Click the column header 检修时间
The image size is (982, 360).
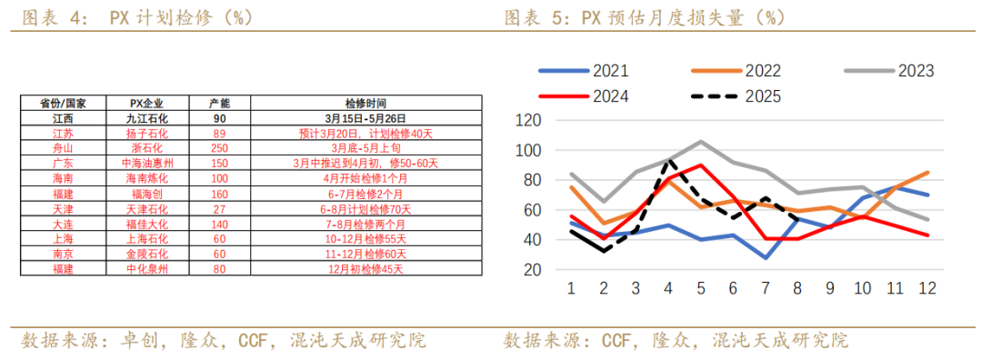(366, 103)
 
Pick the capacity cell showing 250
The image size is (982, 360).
(218, 148)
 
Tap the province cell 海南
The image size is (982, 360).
(64, 178)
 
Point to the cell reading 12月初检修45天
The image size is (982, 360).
(366, 269)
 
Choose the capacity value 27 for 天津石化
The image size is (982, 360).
(218, 209)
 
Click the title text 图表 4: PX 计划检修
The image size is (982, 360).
(136, 17)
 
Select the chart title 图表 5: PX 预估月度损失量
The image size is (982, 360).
(645, 17)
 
